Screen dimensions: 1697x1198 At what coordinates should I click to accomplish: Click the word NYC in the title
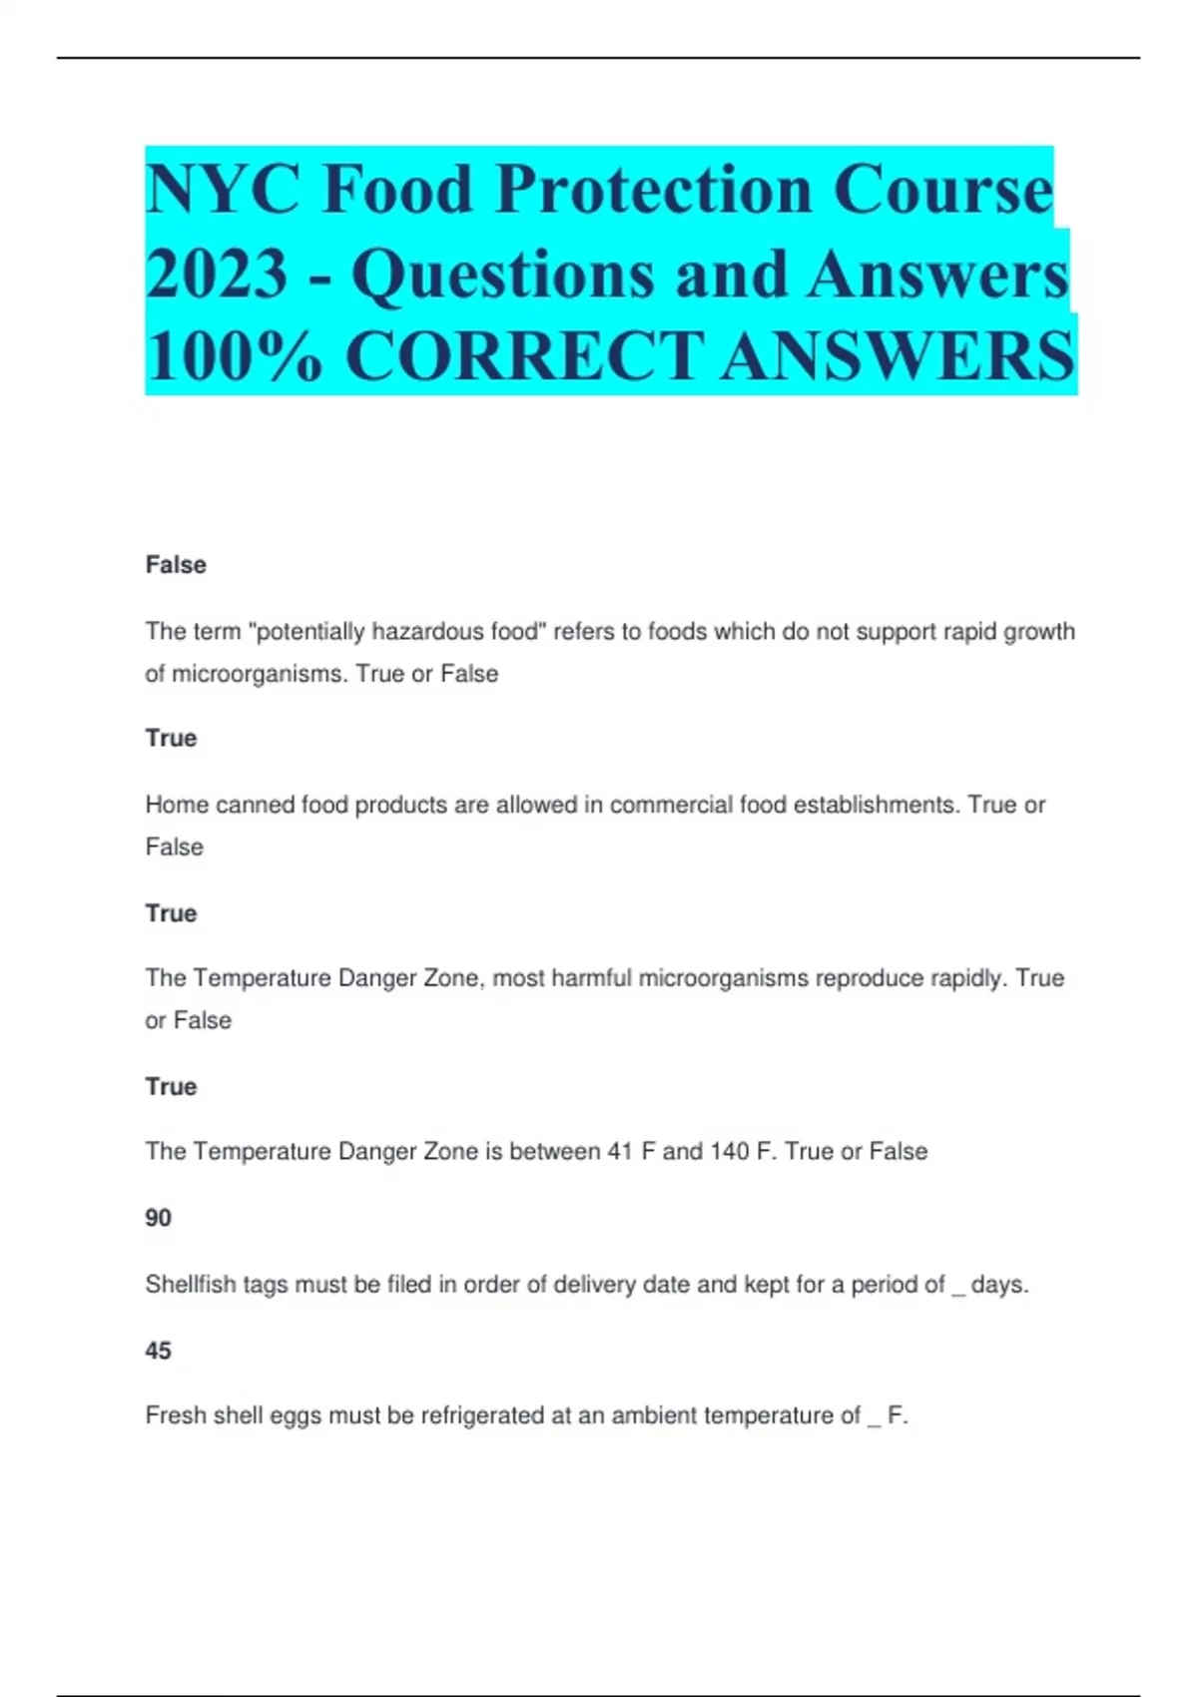[x=223, y=190]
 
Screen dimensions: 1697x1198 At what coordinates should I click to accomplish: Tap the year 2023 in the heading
[x=217, y=274]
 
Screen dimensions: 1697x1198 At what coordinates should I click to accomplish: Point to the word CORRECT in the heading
[x=525, y=356]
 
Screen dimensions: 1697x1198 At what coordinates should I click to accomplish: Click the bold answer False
[x=176, y=565]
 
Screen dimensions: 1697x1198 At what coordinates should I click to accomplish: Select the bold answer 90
[x=158, y=1218]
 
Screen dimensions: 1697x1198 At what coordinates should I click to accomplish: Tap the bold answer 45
[x=158, y=1351]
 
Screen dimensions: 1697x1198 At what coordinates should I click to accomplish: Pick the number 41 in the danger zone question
[x=620, y=1152]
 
